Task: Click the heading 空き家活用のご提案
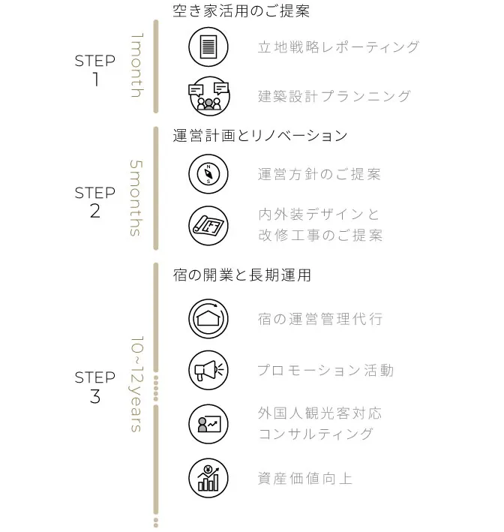point(241,11)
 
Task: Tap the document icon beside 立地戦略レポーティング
point(208,47)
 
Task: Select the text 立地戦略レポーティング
point(338,47)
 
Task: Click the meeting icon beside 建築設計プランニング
point(208,96)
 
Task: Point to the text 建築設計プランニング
point(334,96)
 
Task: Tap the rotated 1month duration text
point(136,65)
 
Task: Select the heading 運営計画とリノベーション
point(260,136)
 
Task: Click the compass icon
point(208,174)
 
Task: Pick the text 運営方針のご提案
point(319,174)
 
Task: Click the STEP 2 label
point(95,202)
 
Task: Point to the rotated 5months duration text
point(136,197)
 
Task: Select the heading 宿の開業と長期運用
point(241,275)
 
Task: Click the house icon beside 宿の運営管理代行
point(208,318)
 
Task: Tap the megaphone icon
point(208,370)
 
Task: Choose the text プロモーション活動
point(325,370)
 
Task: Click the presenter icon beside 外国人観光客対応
point(208,424)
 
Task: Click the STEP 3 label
point(95,386)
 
